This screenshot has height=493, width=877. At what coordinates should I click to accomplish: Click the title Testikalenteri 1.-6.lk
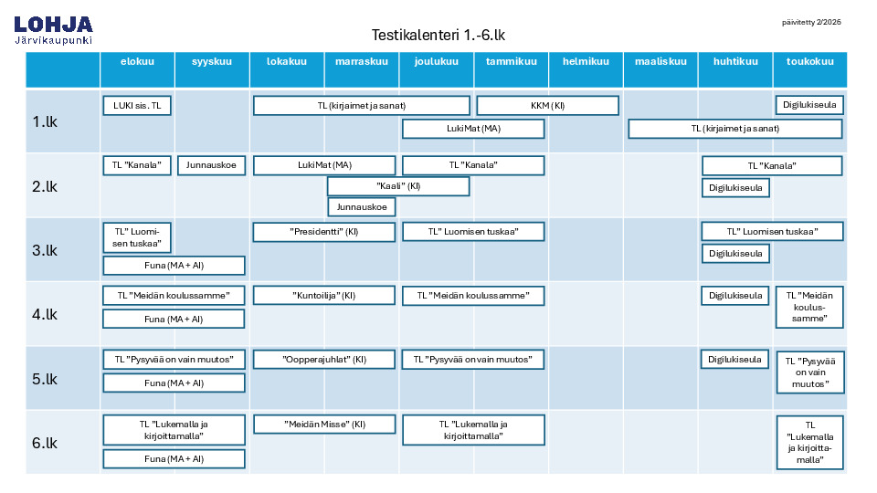438,36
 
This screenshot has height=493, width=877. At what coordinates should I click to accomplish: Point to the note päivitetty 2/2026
811,22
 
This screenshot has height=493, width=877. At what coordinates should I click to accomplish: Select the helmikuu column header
586,61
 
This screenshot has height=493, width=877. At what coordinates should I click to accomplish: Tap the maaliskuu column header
660,61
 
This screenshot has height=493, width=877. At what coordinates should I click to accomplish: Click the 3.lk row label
45,250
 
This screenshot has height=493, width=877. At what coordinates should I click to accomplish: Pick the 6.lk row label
45,444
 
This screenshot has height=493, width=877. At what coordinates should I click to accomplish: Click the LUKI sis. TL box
137,106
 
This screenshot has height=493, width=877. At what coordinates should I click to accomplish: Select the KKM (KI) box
547,106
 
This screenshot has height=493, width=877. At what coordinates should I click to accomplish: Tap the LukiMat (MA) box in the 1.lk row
473,129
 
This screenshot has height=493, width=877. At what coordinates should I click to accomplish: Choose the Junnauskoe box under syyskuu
211,165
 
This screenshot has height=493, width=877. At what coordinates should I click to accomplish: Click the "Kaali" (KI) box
398,186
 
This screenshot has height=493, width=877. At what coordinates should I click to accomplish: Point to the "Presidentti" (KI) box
323,232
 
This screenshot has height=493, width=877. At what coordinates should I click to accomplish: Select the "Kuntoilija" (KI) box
323,296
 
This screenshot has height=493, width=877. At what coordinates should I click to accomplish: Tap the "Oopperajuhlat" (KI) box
323,360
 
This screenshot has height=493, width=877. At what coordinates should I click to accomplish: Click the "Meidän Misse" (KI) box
324,425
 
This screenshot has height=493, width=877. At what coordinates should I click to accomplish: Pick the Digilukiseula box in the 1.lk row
809,105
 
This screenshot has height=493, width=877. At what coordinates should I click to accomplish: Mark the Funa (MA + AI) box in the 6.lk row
174,459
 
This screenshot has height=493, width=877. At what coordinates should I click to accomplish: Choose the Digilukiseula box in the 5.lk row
734,360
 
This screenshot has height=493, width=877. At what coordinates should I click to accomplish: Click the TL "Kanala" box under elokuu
137,165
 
